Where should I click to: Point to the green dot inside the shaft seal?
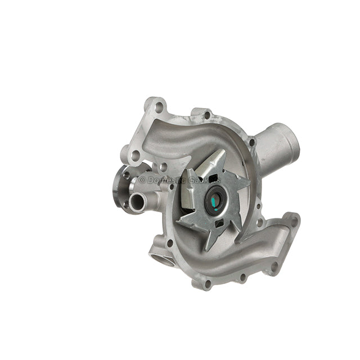click(x=216, y=197)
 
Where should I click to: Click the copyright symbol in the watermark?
click(x=142, y=179)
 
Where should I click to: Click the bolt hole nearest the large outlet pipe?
click(x=252, y=142)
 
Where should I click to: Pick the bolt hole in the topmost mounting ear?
click(x=159, y=106)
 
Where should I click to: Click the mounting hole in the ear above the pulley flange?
click(x=136, y=155)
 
